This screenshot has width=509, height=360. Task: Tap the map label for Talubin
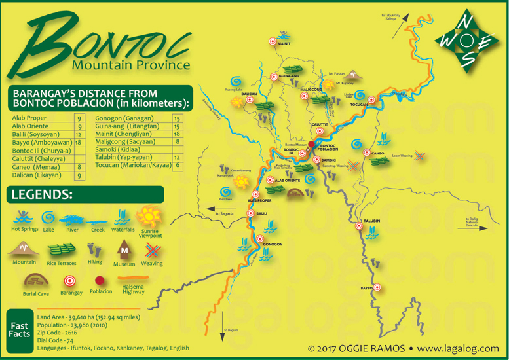pyautogui.click(x=371, y=221)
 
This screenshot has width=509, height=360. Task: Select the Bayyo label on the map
pyautogui.click(x=366, y=288)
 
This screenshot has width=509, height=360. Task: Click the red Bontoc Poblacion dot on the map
pyautogui.click(x=311, y=143)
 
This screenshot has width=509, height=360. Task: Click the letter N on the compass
pyautogui.click(x=466, y=21)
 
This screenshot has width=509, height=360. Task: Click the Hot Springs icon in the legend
pyautogui.click(x=24, y=217)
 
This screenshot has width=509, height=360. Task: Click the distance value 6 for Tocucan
pyautogui.click(x=177, y=166)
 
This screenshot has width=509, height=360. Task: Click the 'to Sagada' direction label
pyautogui.click(x=225, y=213)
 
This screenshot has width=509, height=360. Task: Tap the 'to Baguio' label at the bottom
pyautogui.click(x=231, y=330)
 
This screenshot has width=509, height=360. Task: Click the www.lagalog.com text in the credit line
pyautogui.click(x=458, y=348)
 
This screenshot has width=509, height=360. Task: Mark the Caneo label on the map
pyautogui.click(x=378, y=153)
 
